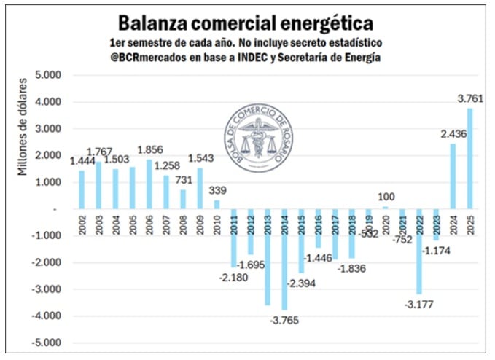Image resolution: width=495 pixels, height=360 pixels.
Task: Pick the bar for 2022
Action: point(419,251)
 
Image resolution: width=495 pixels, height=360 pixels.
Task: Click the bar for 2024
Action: point(453,176)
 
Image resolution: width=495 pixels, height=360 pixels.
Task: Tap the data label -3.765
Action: point(285,320)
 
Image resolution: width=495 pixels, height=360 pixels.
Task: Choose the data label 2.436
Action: point(452,133)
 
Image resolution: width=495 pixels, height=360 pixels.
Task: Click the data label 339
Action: point(217,191)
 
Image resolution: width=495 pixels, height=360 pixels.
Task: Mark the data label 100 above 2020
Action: point(385,197)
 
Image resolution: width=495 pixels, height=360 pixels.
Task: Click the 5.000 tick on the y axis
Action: point(48,75)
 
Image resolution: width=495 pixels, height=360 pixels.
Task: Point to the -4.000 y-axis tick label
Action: point(46,316)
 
